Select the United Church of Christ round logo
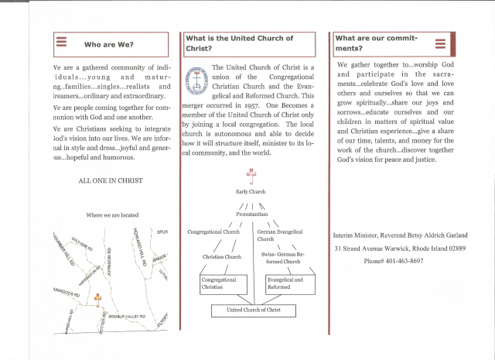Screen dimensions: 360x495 (x=193, y=79)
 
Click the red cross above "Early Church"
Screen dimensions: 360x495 (x=249, y=176)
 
